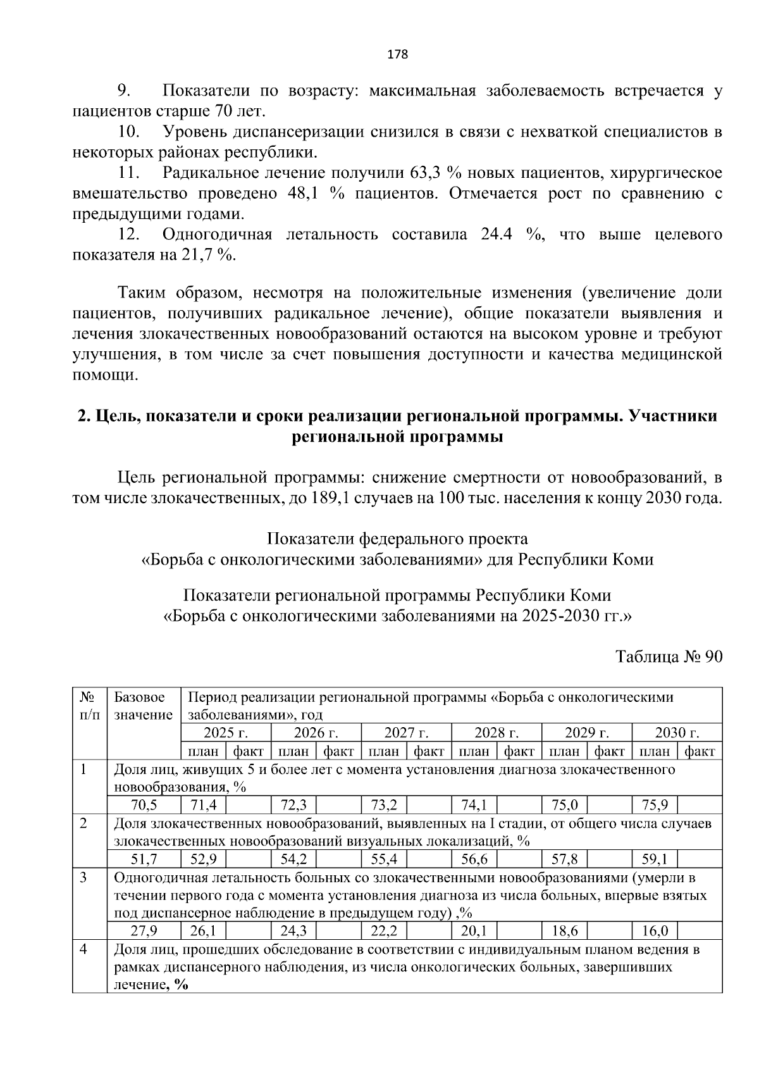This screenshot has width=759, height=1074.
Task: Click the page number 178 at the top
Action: tap(397, 54)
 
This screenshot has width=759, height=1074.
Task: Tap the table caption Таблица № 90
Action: tap(669, 657)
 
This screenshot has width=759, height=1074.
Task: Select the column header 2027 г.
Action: tap(406, 733)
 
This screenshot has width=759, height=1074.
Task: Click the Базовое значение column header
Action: tap(144, 706)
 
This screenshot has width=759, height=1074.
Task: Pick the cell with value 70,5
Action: tap(144, 805)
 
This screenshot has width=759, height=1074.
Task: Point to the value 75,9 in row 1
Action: tap(655, 805)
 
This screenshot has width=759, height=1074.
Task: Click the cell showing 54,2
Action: tap(293, 859)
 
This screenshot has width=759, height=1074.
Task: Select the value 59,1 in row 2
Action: tap(655, 859)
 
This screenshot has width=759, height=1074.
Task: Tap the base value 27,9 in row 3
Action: tap(144, 931)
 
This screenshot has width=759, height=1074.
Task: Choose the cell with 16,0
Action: tap(655, 931)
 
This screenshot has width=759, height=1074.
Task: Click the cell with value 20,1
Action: tap(474, 931)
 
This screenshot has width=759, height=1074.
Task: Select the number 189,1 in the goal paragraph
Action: tap(329, 498)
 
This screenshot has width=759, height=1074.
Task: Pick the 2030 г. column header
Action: tap(677, 733)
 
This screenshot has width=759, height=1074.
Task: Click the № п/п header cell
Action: tap(89, 706)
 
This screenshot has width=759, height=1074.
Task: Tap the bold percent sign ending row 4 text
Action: tap(182, 985)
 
